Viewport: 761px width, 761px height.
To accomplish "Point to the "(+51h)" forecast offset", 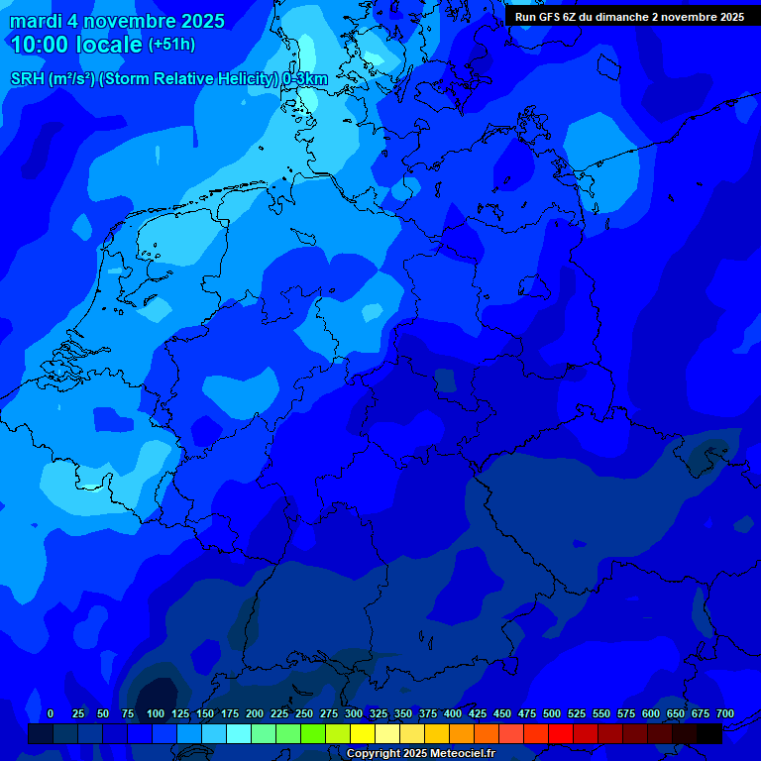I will click(171, 45).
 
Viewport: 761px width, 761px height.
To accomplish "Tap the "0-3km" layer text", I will click(305, 78).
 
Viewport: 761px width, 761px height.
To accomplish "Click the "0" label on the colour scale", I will click(51, 713).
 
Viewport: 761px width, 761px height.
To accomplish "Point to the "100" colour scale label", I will click(156, 713).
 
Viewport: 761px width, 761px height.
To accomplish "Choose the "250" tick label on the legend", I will click(304, 713).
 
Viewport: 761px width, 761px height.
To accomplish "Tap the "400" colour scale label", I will click(453, 713).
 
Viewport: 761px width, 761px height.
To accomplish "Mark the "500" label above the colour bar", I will click(552, 713).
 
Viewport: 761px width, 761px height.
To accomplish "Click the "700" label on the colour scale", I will click(724, 713).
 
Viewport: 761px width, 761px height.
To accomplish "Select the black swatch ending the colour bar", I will click(709, 734).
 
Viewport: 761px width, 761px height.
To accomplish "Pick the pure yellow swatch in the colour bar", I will click(363, 734).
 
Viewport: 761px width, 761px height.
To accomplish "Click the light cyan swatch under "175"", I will click(239, 734).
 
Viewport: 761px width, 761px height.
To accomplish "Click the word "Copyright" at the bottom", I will click(374, 754).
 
